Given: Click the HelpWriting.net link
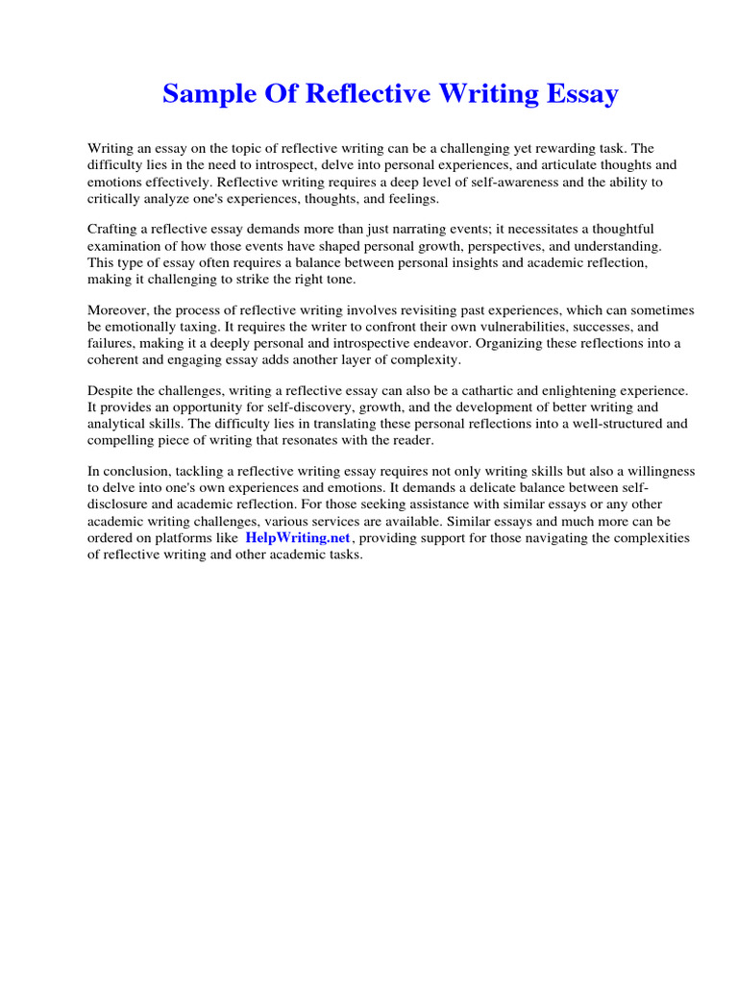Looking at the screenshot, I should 298,538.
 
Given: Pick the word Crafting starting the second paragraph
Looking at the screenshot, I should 113,230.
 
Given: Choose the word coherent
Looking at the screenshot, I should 115,359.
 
